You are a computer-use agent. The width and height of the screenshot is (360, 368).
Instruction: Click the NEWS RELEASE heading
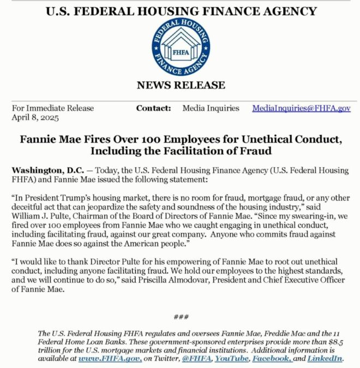[x=180, y=85]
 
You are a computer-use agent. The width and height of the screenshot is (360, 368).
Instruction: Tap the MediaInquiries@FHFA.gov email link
[x=301, y=108]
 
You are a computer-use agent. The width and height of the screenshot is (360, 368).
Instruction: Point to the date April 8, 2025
[x=35, y=117]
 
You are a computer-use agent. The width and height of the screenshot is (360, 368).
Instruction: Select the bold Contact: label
[x=153, y=108]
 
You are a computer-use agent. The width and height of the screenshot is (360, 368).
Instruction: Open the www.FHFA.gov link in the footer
[x=110, y=359]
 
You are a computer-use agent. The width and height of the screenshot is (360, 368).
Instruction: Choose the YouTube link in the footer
[x=231, y=359]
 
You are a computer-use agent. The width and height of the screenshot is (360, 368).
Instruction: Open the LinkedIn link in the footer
[x=325, y=359]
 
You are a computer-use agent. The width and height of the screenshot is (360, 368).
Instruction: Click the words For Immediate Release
[x=53, y=108]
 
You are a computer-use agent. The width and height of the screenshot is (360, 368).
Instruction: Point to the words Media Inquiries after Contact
[x=211, y=108]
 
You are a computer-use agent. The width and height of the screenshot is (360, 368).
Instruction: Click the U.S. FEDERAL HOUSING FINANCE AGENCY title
[x=180, y=11]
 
